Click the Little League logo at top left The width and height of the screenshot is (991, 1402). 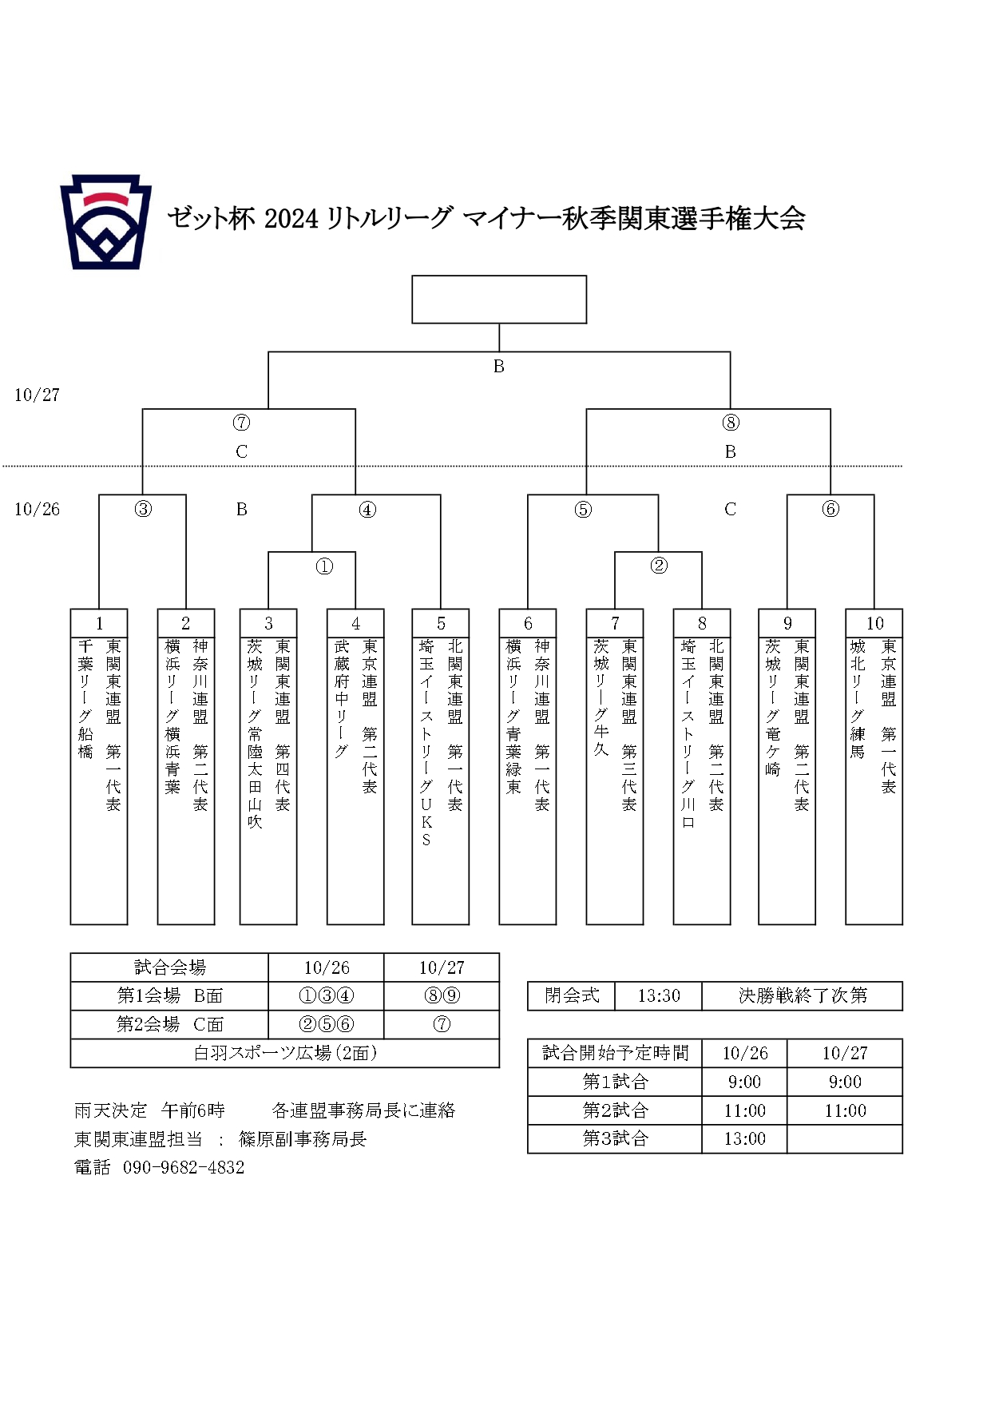click(105, 222)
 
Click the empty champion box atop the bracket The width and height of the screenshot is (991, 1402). click(499, 300)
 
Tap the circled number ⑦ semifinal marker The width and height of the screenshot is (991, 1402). click(241, 423)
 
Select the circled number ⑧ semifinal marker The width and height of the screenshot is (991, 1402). click(731, 423)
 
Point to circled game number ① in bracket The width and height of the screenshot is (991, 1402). click(324, 566)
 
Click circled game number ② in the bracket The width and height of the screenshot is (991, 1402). click(659, 566)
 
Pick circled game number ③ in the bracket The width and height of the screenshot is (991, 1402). click(143, 509)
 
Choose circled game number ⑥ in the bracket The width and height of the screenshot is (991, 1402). click(830, 509)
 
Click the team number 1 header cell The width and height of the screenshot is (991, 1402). click(99, 623)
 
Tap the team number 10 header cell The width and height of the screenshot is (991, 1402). click(874, 623)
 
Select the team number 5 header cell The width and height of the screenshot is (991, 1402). click(441, 623)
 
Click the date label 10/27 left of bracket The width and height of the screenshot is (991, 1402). click(37, 395)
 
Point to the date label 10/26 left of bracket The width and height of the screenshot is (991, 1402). click(37, 509)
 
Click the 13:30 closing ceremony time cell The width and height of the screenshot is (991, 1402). click(659, 996)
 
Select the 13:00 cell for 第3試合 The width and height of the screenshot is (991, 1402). click(744, 1139)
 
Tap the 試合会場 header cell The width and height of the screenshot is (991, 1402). click(169, 967)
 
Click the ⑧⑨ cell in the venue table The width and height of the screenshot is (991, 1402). click(442, 996)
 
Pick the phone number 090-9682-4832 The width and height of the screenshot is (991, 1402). click(184, 1168)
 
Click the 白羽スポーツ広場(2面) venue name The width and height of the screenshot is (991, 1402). click(285, 1054)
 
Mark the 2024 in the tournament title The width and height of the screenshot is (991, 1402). click(291, 218)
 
